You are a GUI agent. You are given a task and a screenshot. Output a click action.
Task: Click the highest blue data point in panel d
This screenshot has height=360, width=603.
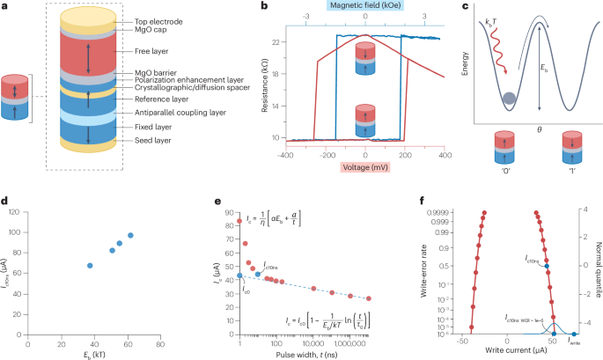(x=130, y=235)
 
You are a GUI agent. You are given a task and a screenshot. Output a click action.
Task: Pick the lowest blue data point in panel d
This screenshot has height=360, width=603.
(x=90, y=265)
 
